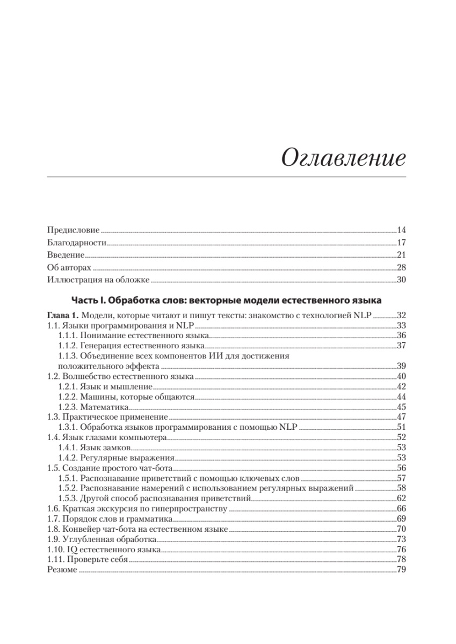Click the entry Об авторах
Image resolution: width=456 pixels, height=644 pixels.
[69, 267]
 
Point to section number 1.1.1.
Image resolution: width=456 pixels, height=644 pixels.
[68, 335]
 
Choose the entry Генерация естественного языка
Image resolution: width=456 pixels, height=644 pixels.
[142, 345]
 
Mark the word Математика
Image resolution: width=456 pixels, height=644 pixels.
[105, 407]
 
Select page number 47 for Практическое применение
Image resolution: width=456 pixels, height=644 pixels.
[401, 417]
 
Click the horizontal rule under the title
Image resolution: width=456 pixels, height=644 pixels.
[226, 177]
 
